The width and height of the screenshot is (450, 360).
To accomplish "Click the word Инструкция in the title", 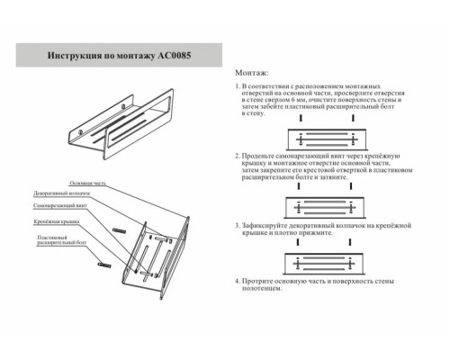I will click(x=76, y=55).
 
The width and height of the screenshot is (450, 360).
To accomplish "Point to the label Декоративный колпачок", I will click(x=61, y=193).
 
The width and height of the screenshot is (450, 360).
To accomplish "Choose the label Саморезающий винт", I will click(x=62, y=205).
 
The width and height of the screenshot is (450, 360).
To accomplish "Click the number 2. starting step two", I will click(x=238, y=156).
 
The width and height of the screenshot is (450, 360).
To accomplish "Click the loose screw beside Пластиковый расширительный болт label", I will click(x=102, y=266).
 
